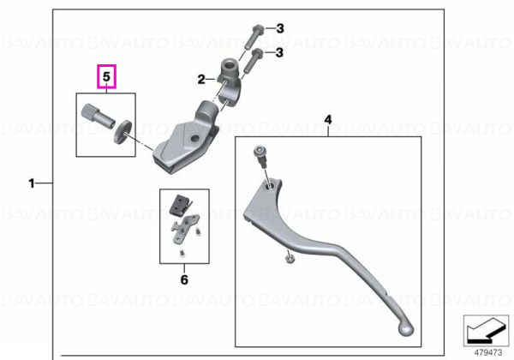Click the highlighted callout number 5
106,77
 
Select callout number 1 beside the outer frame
32,183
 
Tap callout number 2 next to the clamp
201,79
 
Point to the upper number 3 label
279,28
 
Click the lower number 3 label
279,52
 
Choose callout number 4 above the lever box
328,120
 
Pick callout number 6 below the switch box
184,279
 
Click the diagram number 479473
488,352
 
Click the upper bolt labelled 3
254,35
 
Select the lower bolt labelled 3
253,60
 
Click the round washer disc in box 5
123,131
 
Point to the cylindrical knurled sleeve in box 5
98,116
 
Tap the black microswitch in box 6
180,205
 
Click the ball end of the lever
406,329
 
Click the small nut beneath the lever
290,259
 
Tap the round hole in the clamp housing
194,139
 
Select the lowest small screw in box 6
182,254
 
